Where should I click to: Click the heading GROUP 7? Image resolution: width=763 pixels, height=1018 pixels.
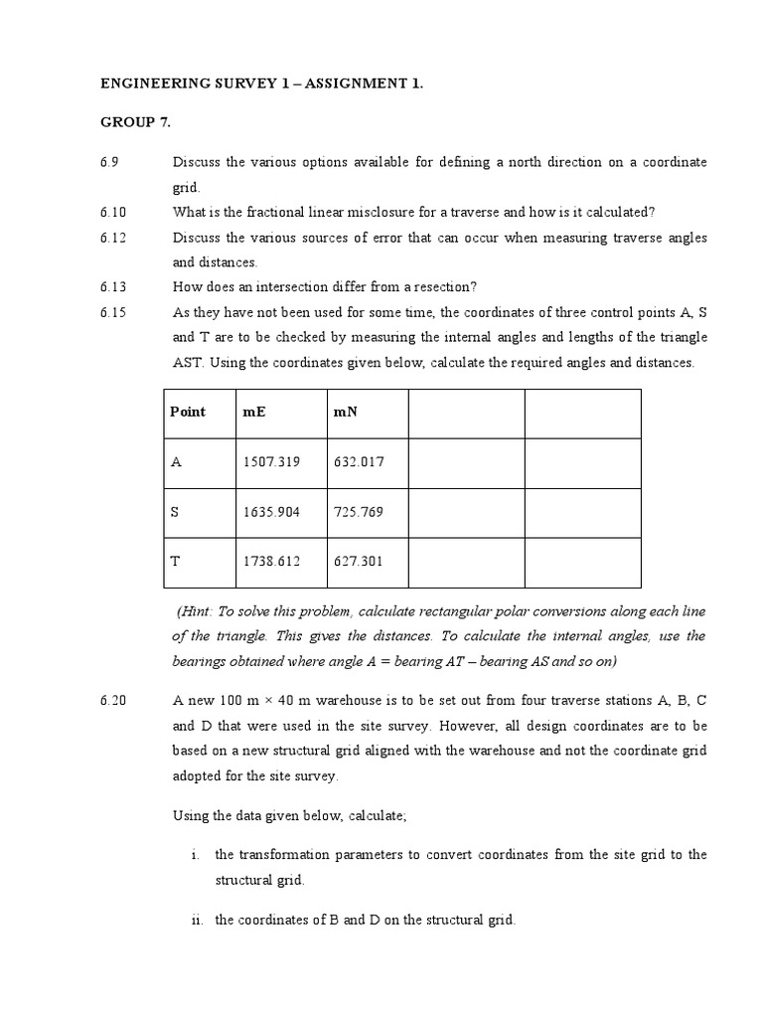coord(136,122)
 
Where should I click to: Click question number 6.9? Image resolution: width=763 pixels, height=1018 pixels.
coord(109,162)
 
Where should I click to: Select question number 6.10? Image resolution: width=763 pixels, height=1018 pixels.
coord(113,212)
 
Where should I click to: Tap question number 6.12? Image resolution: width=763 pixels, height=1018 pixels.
coord(113,238)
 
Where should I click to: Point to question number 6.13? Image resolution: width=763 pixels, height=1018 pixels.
coord(113,287)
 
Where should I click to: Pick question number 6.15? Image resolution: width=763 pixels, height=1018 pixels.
coord(113,312)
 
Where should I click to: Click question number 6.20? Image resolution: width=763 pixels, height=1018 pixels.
coord(113,701)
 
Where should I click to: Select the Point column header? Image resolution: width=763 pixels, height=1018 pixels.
coord(188,412)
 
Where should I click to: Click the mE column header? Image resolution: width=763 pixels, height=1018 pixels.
coord(254,412)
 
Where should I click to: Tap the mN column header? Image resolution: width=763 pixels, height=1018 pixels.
coord(344,412)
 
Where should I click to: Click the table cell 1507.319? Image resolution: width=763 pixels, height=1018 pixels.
coord(271,462)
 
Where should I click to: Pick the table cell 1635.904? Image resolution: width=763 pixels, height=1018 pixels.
coord(271,512)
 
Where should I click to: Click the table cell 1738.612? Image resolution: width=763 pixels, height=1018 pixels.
coord(271,562)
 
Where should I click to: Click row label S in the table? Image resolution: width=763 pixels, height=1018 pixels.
coord(175,512)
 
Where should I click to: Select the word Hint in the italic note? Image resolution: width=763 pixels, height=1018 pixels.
coord(197,611)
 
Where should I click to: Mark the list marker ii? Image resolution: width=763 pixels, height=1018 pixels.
coord(197,921)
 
